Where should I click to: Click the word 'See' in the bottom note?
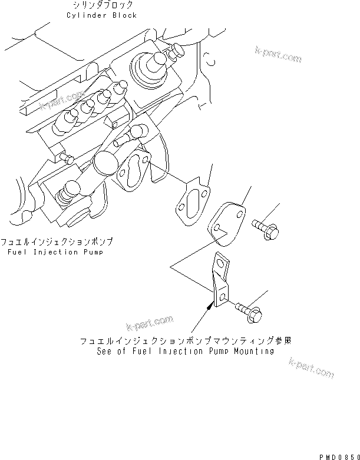(x=105, y=351)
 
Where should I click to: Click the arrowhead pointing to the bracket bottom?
(x=210, y=305)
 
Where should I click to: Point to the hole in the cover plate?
(x=216, y=228)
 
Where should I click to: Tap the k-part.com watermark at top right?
(x=278, y=55)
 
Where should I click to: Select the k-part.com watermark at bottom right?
(x=311, y=368)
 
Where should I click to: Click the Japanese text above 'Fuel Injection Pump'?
(x=57, y=242)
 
